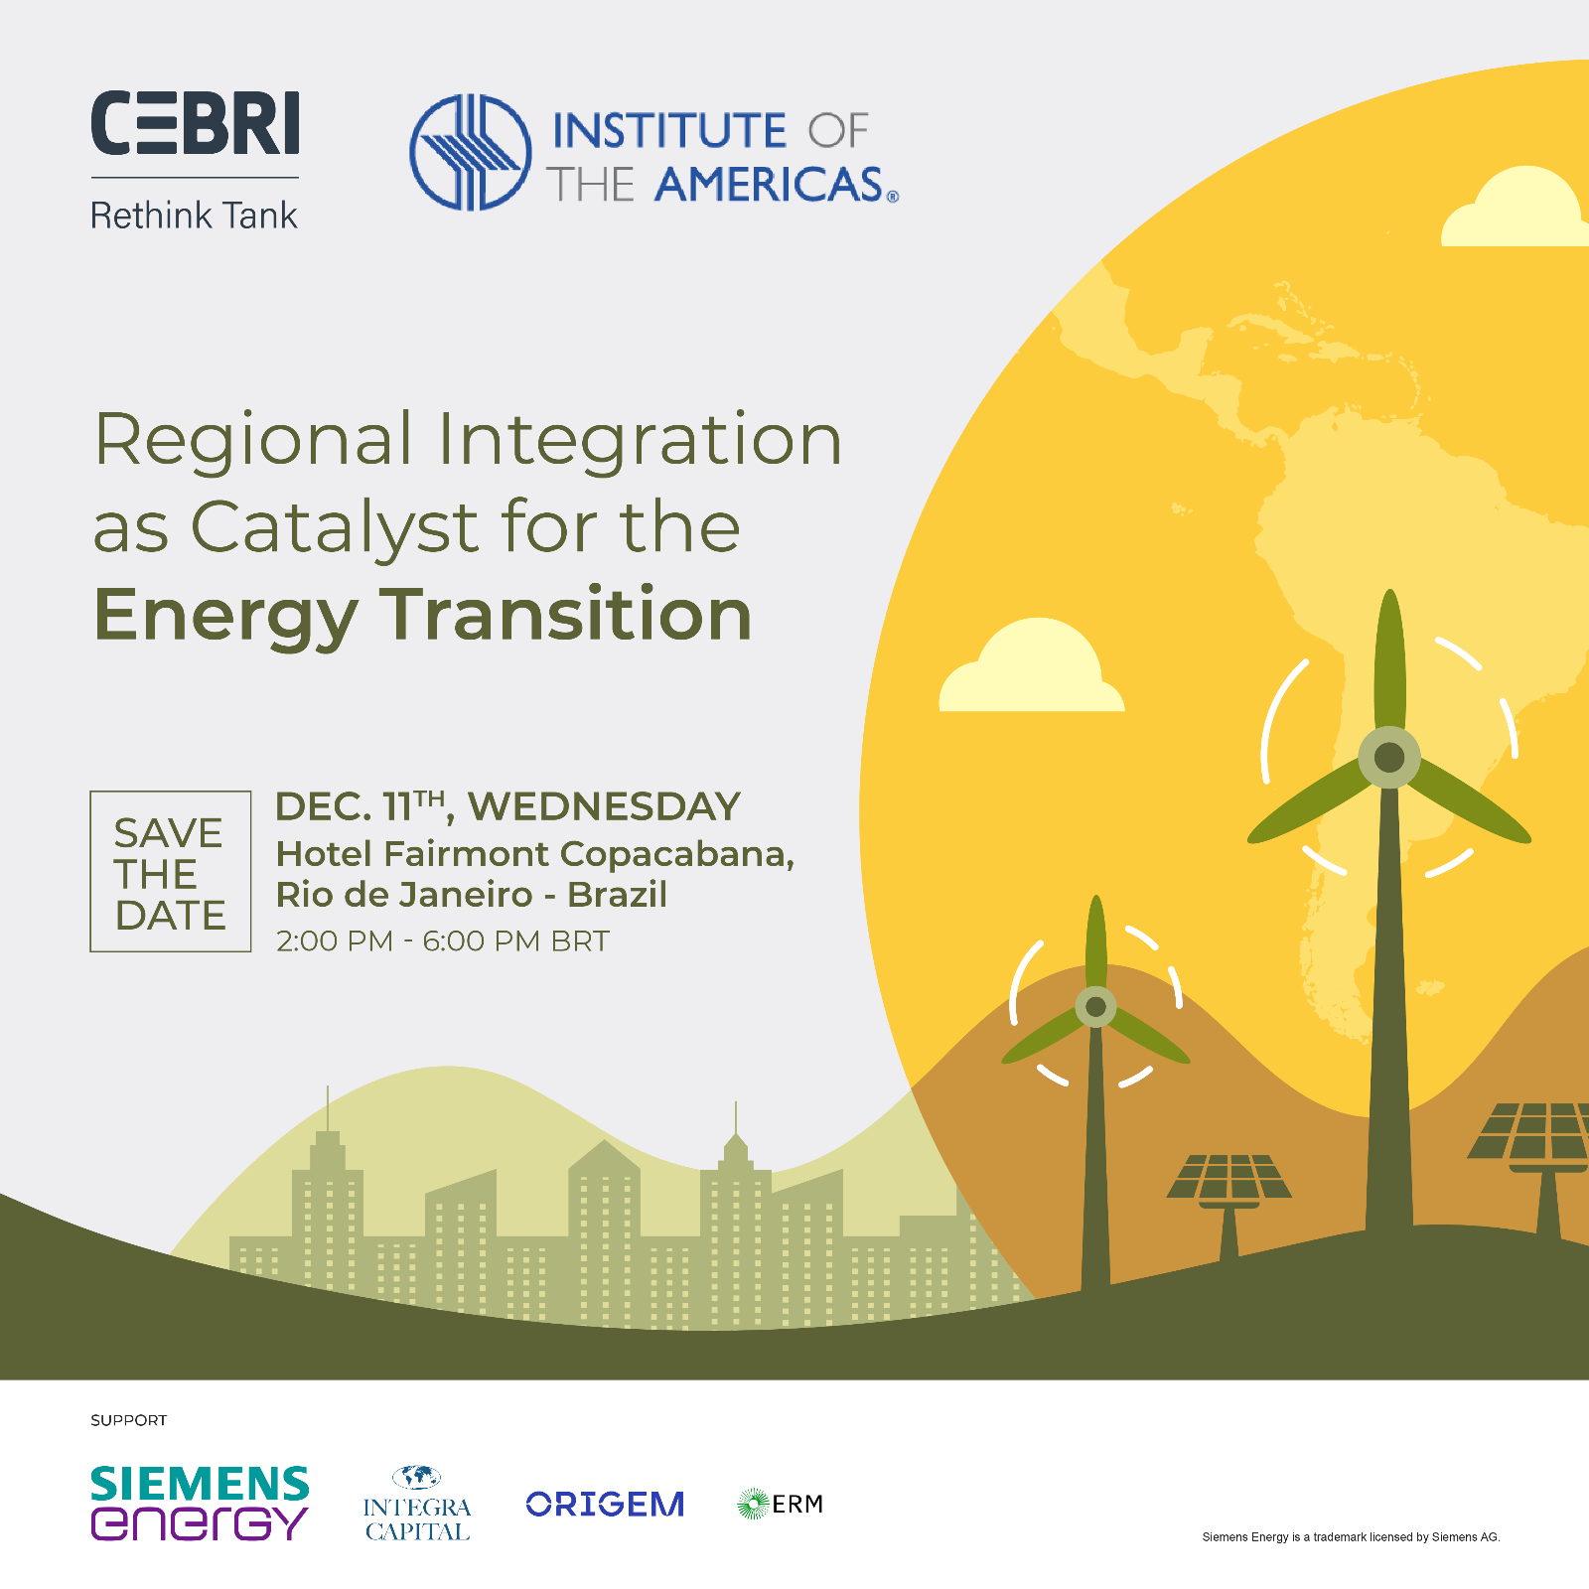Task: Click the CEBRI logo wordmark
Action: [x=195, y=123]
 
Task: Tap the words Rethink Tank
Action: [x=194, y=216]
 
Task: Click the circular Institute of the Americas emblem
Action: [x=470, y=152]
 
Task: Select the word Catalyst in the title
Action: [x=335, y=526]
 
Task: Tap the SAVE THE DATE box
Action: [x=171, y=871]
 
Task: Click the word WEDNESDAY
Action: [x=604, y=806]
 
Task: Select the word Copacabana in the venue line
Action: [x=676, y=854]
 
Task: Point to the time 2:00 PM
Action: [x=335, y=940]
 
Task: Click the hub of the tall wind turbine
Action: [x=1388, y=758]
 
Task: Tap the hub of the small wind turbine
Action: [x=1095, y=1007]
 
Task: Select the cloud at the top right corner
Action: [x=1515, y=208]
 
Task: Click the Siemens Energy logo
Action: [x=200, y=1504]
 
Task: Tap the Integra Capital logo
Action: [x=417, y=1504]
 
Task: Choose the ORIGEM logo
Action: [x=605, y=1505]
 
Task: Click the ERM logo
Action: [x=781, y=1505]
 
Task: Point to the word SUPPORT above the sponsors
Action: [x=129, y=1420]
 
